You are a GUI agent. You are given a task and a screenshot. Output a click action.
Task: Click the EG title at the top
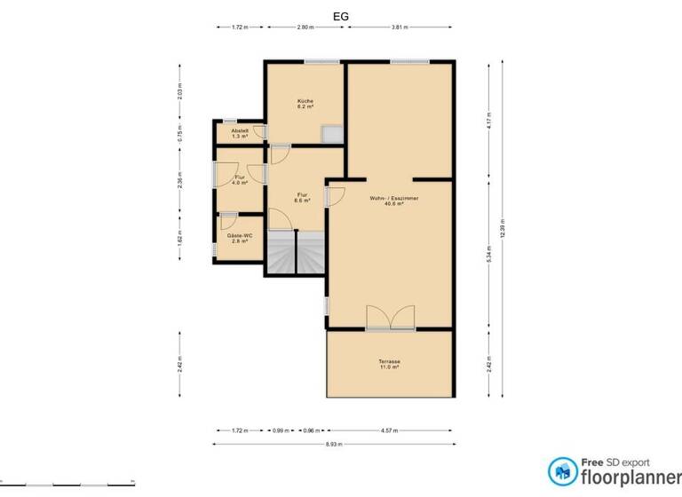coord(341,15)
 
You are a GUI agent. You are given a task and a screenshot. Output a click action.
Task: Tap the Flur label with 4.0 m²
coord(240,180)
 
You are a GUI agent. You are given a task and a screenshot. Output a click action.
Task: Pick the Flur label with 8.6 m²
coord(303,197)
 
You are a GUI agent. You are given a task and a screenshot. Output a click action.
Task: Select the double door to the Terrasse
coord(390,317)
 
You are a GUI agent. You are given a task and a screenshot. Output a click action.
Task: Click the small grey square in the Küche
coord(333,133)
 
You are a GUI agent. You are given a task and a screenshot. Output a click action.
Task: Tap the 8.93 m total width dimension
coord(337,443)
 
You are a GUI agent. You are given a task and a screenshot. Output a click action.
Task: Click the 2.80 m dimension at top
coord(305,28)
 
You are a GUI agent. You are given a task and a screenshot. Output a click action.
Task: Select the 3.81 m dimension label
coord(400,28)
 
